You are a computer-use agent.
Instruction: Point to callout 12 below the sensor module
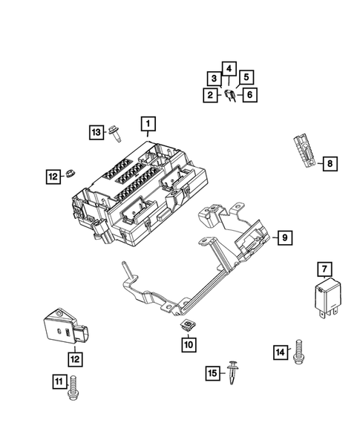coord(73,358)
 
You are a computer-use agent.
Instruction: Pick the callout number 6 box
coord(250,94)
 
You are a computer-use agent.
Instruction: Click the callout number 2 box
coord(211,94)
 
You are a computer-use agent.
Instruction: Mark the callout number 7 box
coord(324,269)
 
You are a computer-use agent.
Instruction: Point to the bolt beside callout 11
coord(72,388)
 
